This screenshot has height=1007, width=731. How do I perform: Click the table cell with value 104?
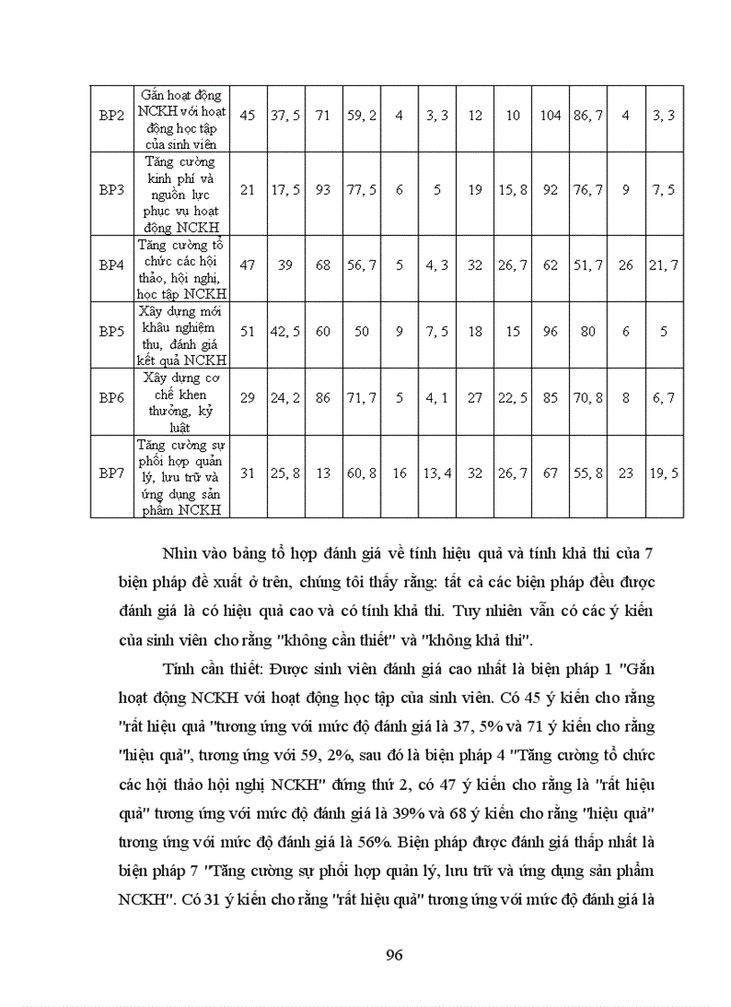[550, 116]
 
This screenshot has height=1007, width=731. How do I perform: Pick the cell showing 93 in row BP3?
[323, 190]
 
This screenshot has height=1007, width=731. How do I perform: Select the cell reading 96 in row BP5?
[550, 331]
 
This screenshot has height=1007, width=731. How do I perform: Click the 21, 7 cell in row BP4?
[664, 265]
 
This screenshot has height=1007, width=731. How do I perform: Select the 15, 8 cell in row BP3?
[512, 190]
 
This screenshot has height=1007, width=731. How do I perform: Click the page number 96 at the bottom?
[393, 954]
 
